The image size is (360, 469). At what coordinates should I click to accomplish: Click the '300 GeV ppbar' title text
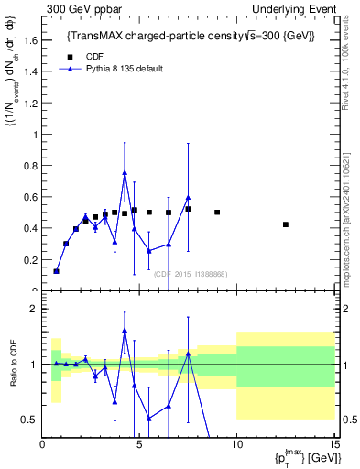[78, 8]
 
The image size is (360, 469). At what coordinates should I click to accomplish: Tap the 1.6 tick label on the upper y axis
[29, 40]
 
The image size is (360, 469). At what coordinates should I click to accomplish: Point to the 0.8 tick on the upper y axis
[29, 166]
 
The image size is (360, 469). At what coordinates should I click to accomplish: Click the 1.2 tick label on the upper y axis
[29, 104]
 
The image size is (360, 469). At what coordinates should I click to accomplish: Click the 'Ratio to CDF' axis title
[13, 376]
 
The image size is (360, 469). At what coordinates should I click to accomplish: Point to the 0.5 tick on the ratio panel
[29, 420]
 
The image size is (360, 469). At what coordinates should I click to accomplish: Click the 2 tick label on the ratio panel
[33, 309]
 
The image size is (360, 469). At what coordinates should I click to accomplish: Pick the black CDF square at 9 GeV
[217, 212]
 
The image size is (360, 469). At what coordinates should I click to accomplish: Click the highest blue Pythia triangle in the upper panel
[125, 172]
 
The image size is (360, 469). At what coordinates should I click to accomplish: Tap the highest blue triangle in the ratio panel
[125, 330]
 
